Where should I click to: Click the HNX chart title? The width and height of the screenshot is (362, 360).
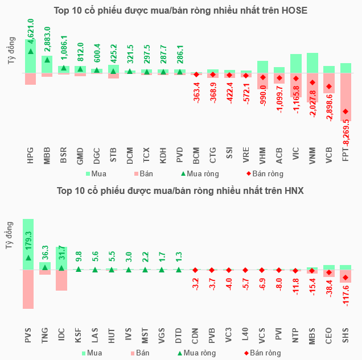click(x=180, y=191)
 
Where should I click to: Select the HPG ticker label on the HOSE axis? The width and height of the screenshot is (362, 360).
click(x=31, y=156)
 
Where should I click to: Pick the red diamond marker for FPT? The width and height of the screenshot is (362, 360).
click(x=345, y=111)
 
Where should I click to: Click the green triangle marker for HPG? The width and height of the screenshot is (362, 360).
click(x=31, y=52)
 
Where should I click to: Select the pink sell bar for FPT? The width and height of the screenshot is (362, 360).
click(x=345, y=97)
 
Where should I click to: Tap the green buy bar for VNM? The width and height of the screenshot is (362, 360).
click(x=312, y=63)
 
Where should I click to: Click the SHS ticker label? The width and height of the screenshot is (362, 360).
click(x=345, y=338)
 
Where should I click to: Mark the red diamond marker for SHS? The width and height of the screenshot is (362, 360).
click(x=345, y=278)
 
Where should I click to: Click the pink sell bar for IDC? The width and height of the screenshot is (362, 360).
click(x=61, y=280)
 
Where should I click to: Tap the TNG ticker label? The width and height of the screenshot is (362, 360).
click(x=45, y=338)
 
